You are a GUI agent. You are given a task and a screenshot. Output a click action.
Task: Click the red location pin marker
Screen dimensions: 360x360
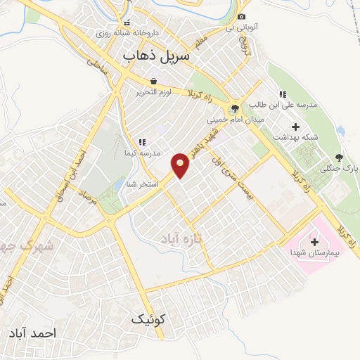tap(181, 166)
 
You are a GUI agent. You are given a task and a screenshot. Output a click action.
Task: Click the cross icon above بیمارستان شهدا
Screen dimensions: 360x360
tap(314, 241)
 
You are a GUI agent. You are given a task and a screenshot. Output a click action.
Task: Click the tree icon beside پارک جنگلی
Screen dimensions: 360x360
tap(339, 157)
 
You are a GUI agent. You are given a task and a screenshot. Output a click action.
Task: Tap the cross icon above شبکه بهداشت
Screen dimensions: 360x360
tap(295, 127)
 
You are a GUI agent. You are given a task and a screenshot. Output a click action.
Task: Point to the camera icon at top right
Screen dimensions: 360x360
tap(241, 17)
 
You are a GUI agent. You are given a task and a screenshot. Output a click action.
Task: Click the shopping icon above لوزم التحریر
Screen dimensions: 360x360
tap(153, 82)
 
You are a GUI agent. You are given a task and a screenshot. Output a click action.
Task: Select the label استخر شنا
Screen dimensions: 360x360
tap(140, 184)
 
